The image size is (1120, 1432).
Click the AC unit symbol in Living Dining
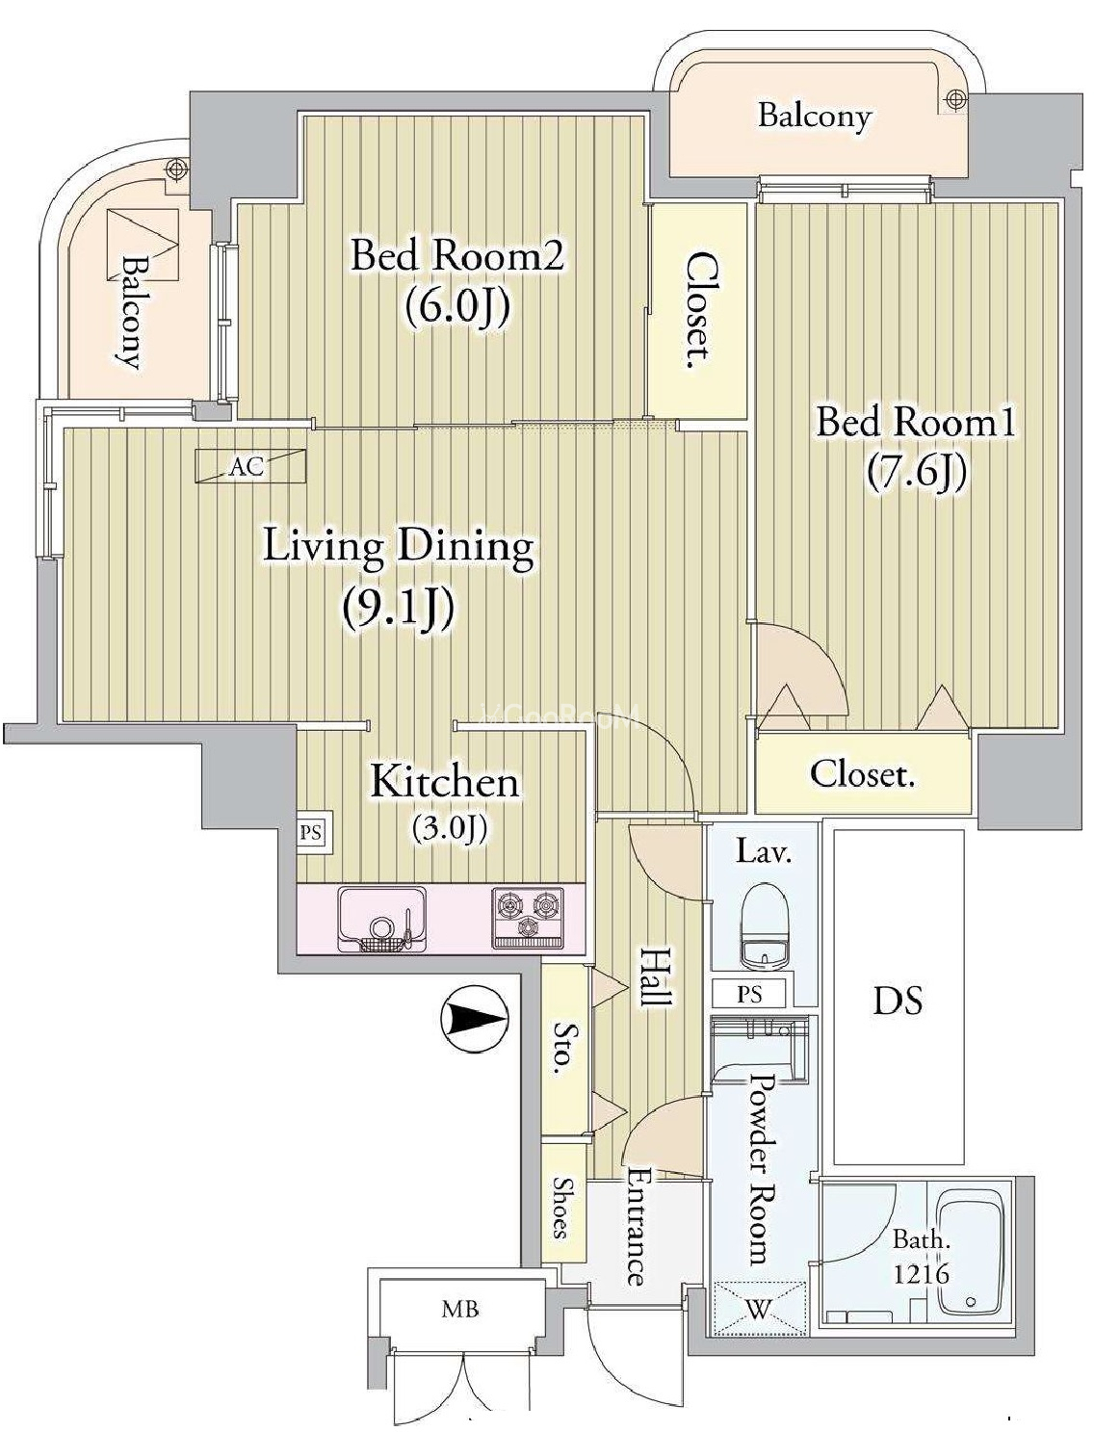point(251,466)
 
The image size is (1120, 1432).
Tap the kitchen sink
point(382,920)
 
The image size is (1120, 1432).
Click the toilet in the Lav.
point(765,932)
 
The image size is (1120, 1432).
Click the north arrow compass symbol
point(474,1020)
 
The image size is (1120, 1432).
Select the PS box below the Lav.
point(750,994)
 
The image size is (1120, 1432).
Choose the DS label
point(899,1001)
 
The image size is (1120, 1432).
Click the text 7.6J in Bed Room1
point(917,472)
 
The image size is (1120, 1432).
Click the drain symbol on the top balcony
point(953,100)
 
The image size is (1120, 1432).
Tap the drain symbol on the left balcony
point(175,169)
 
